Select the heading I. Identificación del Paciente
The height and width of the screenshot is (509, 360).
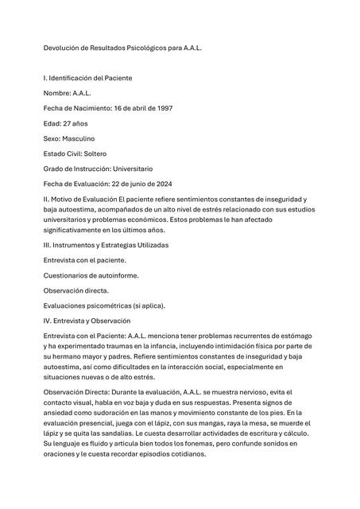[x=87, y=78]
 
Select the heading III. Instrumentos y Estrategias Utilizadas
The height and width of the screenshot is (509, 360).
[x=106, y=245]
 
